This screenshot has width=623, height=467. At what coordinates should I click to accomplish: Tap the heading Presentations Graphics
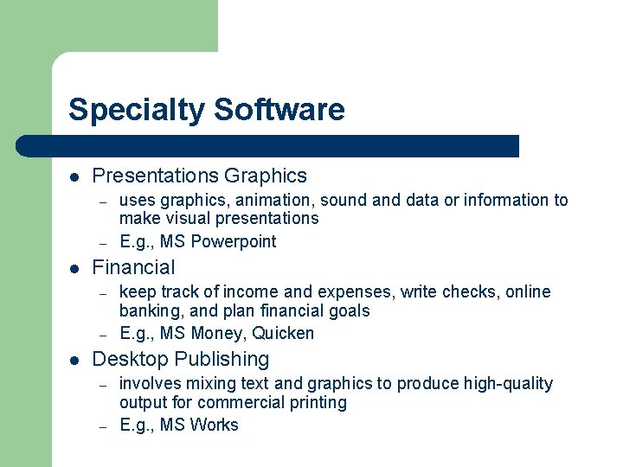199,176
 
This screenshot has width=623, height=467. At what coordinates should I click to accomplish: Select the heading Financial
133,267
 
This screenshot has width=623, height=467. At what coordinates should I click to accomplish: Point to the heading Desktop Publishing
180,359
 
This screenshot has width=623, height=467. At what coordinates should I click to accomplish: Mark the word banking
146,311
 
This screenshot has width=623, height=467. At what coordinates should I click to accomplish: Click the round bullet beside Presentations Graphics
75,176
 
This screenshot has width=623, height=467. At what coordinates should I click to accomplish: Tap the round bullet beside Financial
75,268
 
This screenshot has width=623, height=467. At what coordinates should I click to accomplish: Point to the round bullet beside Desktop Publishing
75,360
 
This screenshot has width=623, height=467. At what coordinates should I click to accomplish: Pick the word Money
218,333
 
